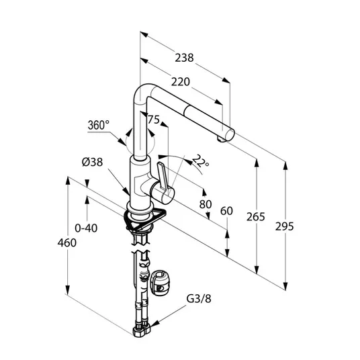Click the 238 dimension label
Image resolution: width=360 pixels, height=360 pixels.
pos(184,58)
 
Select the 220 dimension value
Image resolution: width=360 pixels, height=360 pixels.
pos(181,82)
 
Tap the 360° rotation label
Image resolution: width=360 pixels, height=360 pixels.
pos(99,125)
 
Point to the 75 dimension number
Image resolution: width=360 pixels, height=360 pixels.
pos(154,119)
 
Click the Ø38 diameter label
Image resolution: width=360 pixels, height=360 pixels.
pos(92,162)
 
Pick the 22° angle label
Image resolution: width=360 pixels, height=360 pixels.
pos(200,161)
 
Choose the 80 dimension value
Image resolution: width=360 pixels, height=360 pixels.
pos(206,204)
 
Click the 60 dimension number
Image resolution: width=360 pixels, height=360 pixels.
pos(226,211)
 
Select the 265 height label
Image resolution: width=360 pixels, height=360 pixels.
pos(255,216)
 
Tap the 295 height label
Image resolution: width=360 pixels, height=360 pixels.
pos(285,226)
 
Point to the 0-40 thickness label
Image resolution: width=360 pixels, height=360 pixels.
pos(86,228)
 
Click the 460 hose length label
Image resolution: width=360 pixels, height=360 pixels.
pos(66,242)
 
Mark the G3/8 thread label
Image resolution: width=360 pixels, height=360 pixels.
pos(199,299)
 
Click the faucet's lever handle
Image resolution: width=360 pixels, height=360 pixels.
pos(163,177)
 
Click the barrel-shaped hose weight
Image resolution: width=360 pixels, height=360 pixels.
pos(160,283)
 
